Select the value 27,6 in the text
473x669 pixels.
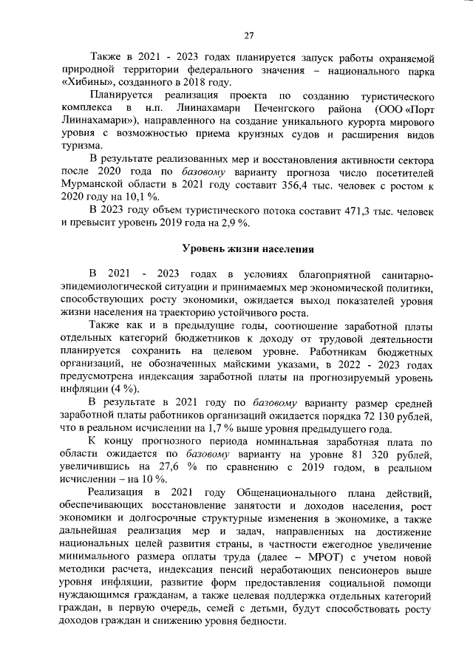pyautogui.click(x=178, y=469)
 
